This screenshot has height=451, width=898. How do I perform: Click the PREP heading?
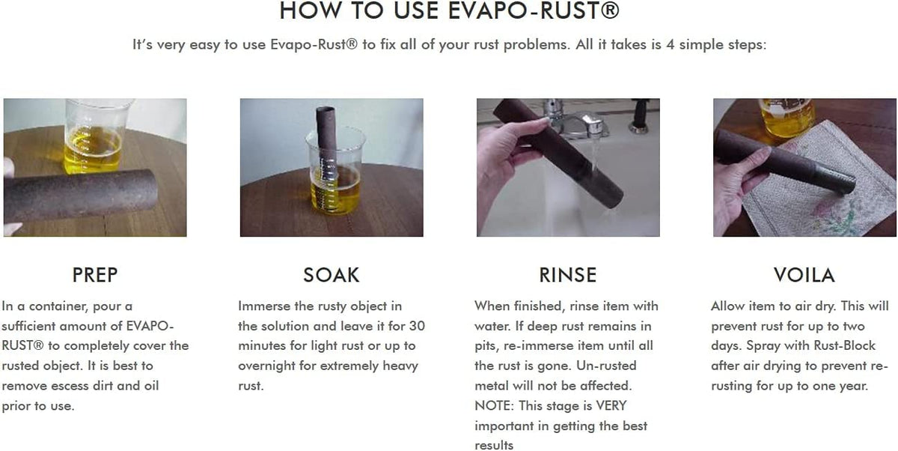(x=95, y=275)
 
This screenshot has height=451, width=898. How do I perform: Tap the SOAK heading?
(x=331, y=275)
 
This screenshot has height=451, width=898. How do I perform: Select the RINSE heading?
(x=568, y=275)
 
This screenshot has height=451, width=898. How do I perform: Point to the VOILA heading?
(x=804, y=275)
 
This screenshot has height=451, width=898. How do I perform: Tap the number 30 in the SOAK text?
(x=417, y=326)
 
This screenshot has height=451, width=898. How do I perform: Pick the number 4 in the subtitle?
(x=670, y=44)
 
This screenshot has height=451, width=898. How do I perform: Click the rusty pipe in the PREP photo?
(x=80, y=196)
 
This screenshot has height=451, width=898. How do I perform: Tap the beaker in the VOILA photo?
(x=786, y=118)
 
